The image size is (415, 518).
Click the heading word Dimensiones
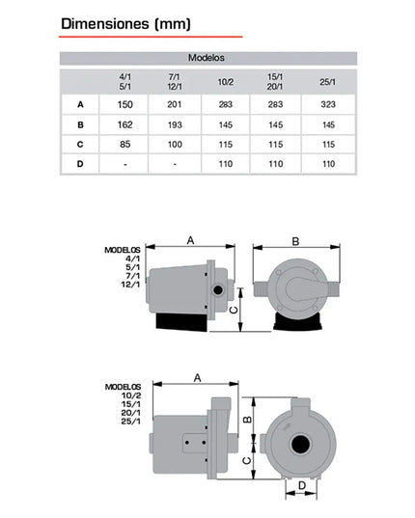coord(105,24)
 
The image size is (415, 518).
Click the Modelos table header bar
coord(208,58)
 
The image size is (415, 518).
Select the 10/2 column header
coord(226,82)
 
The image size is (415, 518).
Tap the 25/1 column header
coord(328,82)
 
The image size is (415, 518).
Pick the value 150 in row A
coord(125,105)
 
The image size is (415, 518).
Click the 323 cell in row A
coord(328,105)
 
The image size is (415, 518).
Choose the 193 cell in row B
coord(175,124)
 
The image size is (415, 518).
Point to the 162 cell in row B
coord(125,124)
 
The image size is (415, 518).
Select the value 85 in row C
coord(125,145)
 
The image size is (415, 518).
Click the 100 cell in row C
coord(175,145)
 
